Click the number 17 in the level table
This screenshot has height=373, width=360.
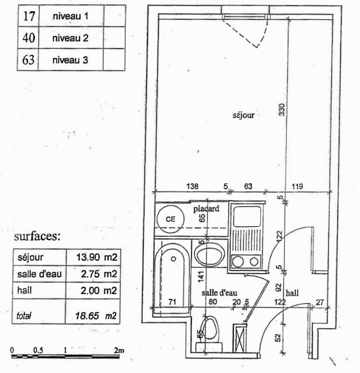coord(29,16)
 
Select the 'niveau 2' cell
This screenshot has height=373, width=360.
coord(70,38)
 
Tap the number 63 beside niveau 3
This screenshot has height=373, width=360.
coord(28,60)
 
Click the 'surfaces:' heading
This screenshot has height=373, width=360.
coord(37,236)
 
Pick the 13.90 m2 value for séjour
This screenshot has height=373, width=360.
coord(97,257)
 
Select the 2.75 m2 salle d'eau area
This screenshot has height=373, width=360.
coord(99,274)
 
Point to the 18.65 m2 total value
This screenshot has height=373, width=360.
coord(96,316)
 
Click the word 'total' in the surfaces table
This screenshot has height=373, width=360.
coord(24,316)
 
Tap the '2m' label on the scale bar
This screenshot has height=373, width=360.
coord(119,350)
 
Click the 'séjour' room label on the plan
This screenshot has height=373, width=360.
coord(243,115)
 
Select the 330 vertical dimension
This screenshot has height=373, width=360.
coord(282,110)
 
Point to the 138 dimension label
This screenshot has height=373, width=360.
coord(192,186)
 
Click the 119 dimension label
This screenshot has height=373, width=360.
coord(297,186)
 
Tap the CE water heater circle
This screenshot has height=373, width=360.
coord(170,219)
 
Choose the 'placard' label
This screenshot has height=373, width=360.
coord(206,209)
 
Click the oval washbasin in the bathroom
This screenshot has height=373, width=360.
coord(210,254)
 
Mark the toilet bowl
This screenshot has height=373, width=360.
coord(210,329)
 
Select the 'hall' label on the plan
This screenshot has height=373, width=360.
coord(292,293)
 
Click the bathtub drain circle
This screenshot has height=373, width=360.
coord(173,259)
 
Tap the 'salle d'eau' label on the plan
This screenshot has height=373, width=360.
coord(219,293)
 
